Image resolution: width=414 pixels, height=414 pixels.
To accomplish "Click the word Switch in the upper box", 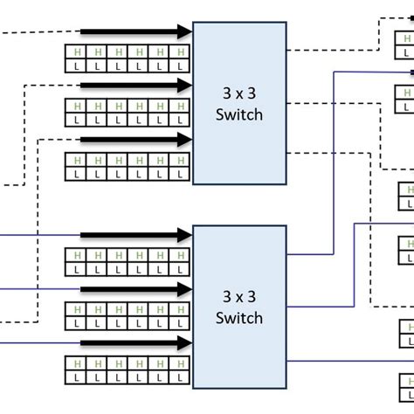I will [x=238, y=114].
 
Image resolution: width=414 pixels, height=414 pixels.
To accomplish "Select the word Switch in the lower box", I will [x=238, y=318].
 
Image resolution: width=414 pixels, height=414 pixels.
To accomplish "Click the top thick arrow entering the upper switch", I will [x=135, y=32].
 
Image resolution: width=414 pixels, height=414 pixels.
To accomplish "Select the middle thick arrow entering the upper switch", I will [x=135, y=85].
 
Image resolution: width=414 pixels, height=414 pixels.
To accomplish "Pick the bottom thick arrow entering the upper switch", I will [x=135, y=139].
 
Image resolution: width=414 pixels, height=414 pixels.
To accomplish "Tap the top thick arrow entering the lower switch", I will [x=135, y=235].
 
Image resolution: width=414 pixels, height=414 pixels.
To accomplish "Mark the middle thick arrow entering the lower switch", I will [x=135, y=288].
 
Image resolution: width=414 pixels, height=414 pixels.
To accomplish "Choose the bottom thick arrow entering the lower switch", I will [x=135, y=342].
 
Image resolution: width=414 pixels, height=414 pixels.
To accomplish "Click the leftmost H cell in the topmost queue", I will [x=77, y=52].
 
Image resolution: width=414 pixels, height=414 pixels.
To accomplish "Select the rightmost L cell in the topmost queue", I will [x=181, y=66].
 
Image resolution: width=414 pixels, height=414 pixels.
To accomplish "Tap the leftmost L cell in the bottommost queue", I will [x=77, y=376].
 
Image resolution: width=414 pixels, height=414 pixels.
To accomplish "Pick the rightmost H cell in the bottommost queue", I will [x=181, y=363].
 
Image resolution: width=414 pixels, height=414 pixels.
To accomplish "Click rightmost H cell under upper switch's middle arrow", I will [x=181, y=106].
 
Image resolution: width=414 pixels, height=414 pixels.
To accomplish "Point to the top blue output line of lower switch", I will [x=311, y=255].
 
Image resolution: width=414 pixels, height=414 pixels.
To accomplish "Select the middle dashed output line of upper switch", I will [x=332, y=104].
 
